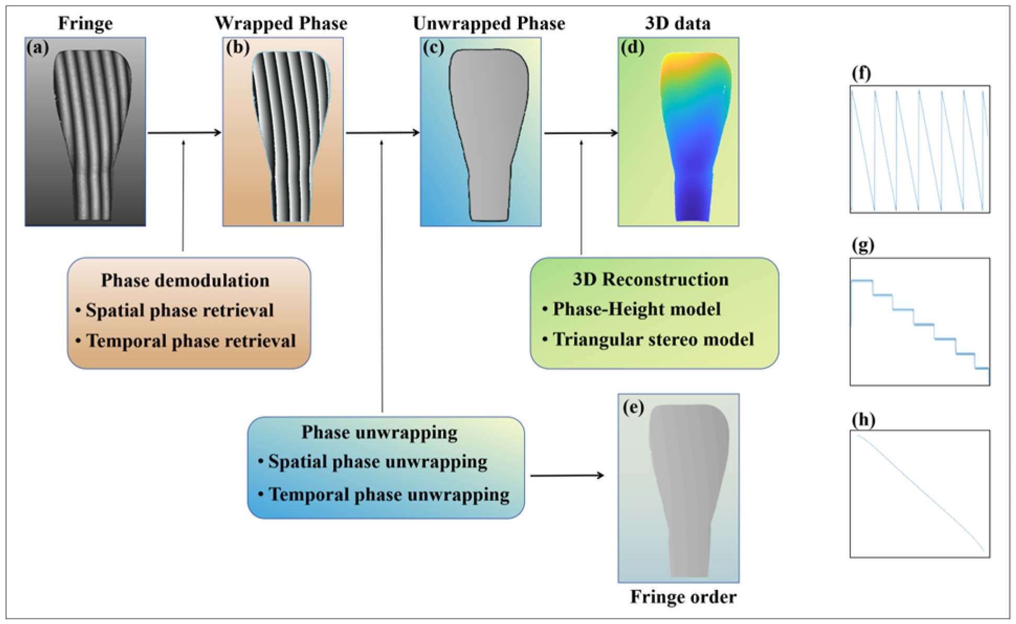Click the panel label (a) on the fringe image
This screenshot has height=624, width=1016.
tap(38, 48)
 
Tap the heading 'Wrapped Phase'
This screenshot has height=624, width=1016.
tap(281, 23)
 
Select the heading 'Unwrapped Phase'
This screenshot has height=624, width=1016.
tap(488, 23)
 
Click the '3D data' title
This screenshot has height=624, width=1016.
tap(677, 23)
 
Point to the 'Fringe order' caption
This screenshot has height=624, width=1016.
tap(683, 596)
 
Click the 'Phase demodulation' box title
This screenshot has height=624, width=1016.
tap(185, 280)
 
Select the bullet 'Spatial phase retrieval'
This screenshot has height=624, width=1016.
tap(179, 310)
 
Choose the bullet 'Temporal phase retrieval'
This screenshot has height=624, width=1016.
tap(191, 341)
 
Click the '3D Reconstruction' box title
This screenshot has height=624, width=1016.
tap(650, 279)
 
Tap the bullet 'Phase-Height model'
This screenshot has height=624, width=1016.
tap(637, 309)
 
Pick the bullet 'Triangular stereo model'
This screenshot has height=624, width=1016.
tap(653, 339)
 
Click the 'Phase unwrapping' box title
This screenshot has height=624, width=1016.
tap(379, 432)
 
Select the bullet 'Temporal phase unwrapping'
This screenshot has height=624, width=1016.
tap(388, 494)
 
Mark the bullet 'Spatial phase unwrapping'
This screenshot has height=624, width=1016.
tap(377, 462)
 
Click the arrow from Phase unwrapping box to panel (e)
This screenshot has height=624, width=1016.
tap(567, 475)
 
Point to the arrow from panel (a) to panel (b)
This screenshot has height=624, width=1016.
tap(184, 132)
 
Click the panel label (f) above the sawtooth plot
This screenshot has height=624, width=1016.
tap(861, 73)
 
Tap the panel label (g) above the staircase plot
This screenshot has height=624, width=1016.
tap(863, 245)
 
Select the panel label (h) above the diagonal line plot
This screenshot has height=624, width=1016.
tap(863, 419)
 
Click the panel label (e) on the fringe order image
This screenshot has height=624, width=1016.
tap(633, 407)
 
